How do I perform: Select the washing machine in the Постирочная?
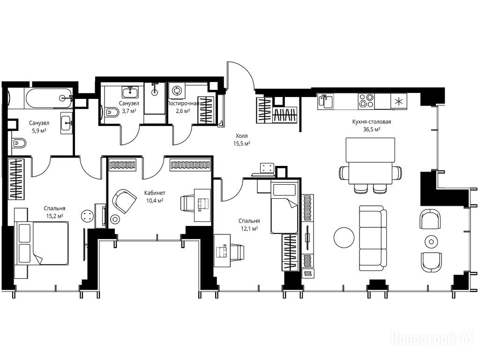tap(177, 91)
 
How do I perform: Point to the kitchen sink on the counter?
tap(326, 101)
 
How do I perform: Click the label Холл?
tap(242, 136)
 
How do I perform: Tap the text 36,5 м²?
tap(372, 129)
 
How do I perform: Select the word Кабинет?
tap(155, 193)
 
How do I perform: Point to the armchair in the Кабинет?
tap(124, 201)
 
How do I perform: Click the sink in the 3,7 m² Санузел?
tap(130, 91)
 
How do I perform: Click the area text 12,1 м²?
tap(249, 228)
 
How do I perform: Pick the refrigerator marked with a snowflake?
tap(399, 101)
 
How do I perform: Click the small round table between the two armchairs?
tap(431, 242)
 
